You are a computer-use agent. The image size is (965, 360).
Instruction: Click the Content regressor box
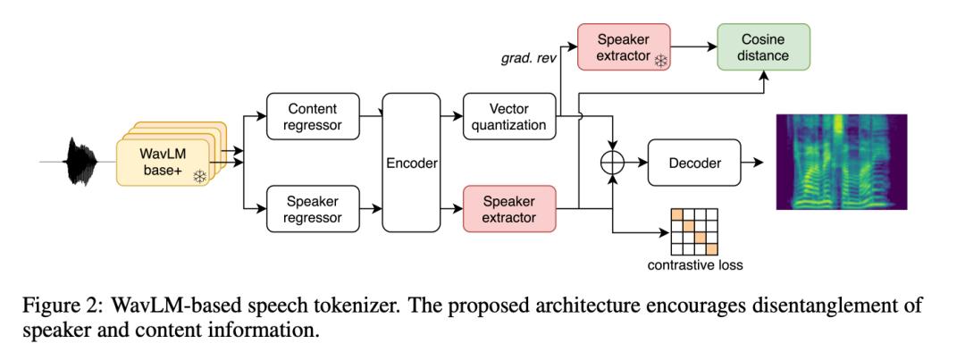(311, 115)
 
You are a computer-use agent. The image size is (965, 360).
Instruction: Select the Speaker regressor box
(311, 209)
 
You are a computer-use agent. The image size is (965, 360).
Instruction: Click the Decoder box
(694, 163)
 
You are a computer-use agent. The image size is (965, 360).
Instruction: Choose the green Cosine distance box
(764, 47)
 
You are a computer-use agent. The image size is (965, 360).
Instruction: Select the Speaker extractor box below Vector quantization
(509, 209)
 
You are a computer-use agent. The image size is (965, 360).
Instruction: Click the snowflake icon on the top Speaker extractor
(661, 61)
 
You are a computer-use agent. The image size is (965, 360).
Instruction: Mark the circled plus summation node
(613, 163)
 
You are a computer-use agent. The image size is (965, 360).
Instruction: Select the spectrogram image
(841, 162)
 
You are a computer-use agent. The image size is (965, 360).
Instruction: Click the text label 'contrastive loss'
(695, 266)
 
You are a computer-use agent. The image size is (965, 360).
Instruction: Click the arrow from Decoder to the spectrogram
(752, 163)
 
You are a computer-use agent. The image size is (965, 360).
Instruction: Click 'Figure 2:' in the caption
(73, 307)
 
